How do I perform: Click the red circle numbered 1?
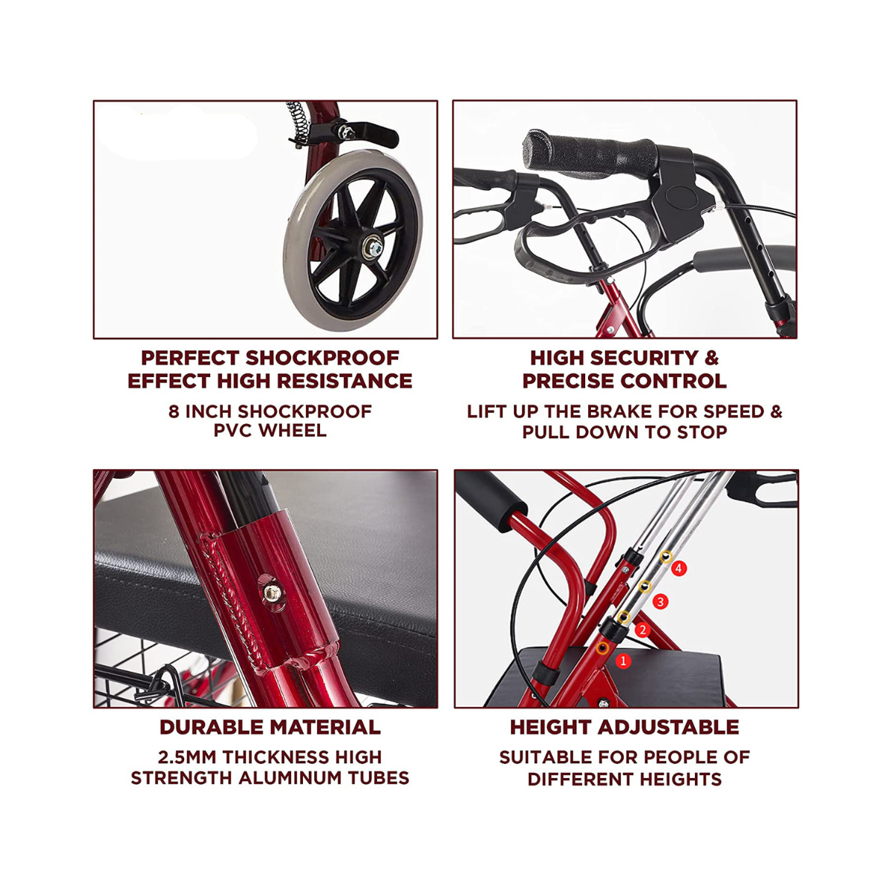623,661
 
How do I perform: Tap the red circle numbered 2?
642,630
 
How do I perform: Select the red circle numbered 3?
660,601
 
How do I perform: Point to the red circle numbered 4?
679,568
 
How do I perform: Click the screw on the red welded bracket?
272,593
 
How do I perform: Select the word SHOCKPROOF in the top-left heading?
322,358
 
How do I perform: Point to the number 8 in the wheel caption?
174,411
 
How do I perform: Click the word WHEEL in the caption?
293,431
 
